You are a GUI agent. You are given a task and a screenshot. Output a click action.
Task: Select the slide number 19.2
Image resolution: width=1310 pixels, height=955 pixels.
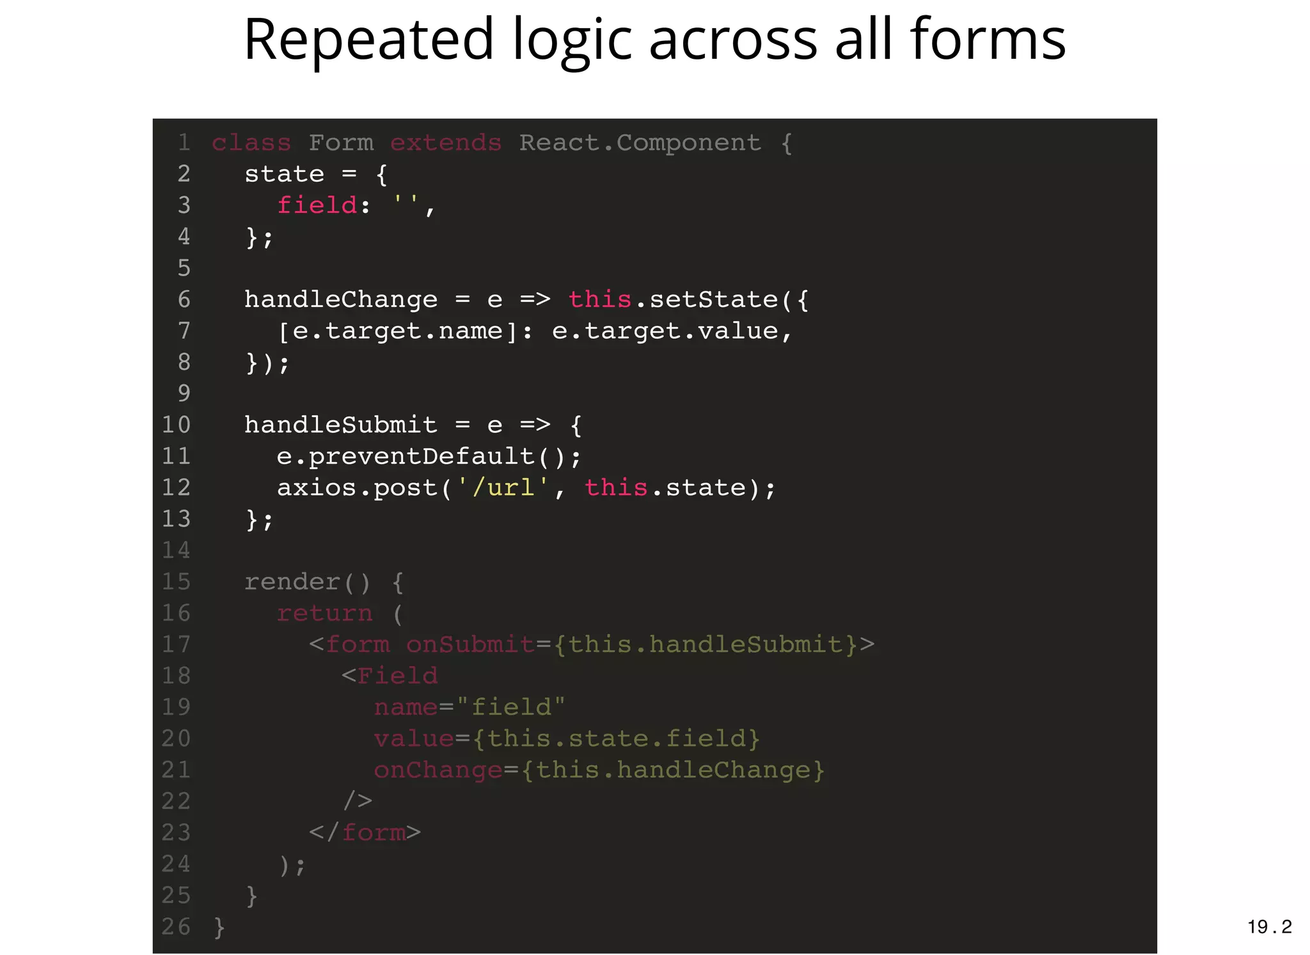click(x=1269, y=926)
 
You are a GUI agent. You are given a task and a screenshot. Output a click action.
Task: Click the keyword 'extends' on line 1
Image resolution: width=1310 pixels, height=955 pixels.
click(x=446, y=143)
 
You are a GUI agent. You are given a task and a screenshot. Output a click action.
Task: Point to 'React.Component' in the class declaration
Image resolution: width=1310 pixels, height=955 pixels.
click(x=640, y=143)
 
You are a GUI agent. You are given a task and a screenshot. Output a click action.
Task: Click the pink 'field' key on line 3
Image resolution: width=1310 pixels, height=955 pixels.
click(x=317, y=205)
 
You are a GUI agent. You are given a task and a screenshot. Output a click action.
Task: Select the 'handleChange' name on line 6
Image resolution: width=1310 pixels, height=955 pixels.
click(x=341, y=299)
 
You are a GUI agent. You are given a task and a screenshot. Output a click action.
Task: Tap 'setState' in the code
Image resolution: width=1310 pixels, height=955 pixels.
click(x=714, y=299)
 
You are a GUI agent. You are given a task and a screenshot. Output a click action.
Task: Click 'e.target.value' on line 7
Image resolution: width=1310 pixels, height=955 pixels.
click(x=665, y=330)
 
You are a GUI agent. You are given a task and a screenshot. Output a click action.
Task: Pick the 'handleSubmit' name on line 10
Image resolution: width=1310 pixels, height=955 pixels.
click(x=341, y=424)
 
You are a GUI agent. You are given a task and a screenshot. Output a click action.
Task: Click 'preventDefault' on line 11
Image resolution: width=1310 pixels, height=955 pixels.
click(x=422, y=456)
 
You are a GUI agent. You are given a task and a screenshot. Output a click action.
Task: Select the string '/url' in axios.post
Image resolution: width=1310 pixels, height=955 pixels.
click(x=503, y=488)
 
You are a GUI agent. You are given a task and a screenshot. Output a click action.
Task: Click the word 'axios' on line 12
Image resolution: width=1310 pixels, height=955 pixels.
click(x=317, y=488)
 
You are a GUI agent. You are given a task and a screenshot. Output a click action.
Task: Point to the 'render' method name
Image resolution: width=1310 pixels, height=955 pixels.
click(x=292, y=582)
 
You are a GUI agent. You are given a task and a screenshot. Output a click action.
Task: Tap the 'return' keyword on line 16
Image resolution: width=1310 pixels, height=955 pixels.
click(x=324, y=613)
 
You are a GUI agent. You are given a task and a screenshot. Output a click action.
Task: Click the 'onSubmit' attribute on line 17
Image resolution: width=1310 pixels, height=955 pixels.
click(x=470, y=644)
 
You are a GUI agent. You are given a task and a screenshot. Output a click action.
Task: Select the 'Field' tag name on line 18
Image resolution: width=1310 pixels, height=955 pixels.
click(x=397, y=676)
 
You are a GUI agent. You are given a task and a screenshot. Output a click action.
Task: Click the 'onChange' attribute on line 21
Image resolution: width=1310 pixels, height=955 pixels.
click(x=438, y=770)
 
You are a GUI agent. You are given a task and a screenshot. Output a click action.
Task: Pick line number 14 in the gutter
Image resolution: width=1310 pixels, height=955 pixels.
click(x=176, y=550)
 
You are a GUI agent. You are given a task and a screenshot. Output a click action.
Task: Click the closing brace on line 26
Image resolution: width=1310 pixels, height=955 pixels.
click(x=219, y=927)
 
